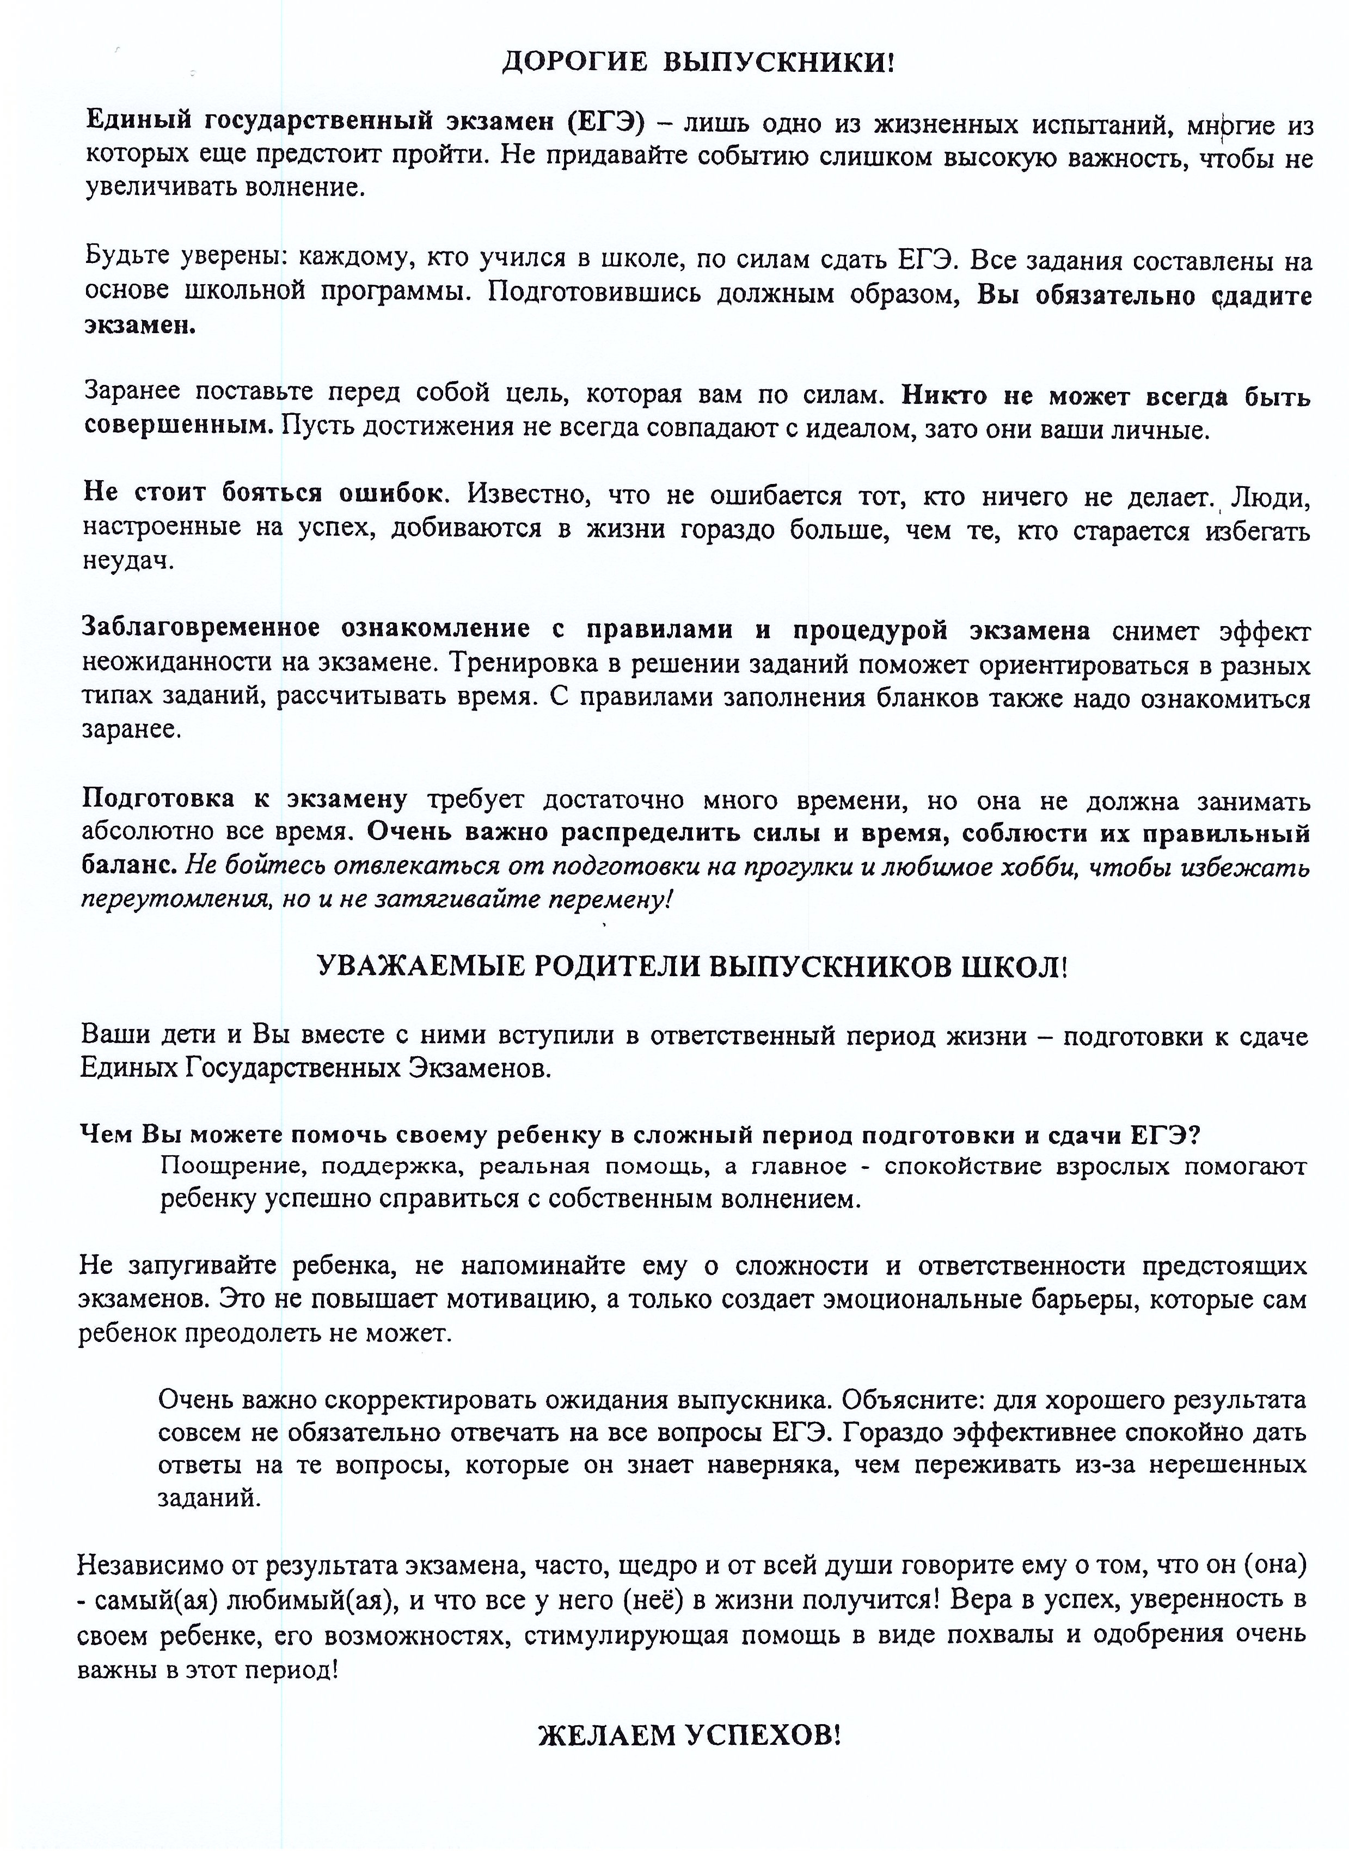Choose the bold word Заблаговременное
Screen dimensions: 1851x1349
pyautogui.click(x=200, y=629)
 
